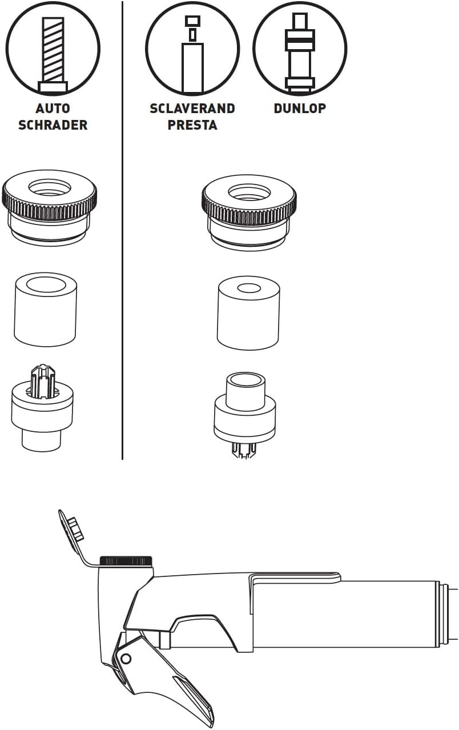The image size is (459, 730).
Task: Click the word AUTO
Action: (53, 109)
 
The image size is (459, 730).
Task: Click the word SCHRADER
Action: (53, 125)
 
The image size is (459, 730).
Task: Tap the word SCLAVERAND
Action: (192, 109)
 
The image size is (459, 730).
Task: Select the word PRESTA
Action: (192, 125)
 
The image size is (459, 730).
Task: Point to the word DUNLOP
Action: (300, 109)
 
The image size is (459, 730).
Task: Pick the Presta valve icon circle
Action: (146, 49)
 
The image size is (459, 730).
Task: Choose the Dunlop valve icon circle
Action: (253, 49)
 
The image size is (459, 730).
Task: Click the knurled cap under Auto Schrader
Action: (49, 206)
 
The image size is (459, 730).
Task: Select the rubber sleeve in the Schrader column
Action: (45, 310)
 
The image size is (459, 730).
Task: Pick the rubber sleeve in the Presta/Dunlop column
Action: (248, 314)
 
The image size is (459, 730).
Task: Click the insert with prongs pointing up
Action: (42, 408)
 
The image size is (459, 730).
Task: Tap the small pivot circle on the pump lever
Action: (126, 659)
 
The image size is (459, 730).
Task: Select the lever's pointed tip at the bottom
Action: (213, 727)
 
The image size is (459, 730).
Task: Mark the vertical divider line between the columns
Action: (122, 230)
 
